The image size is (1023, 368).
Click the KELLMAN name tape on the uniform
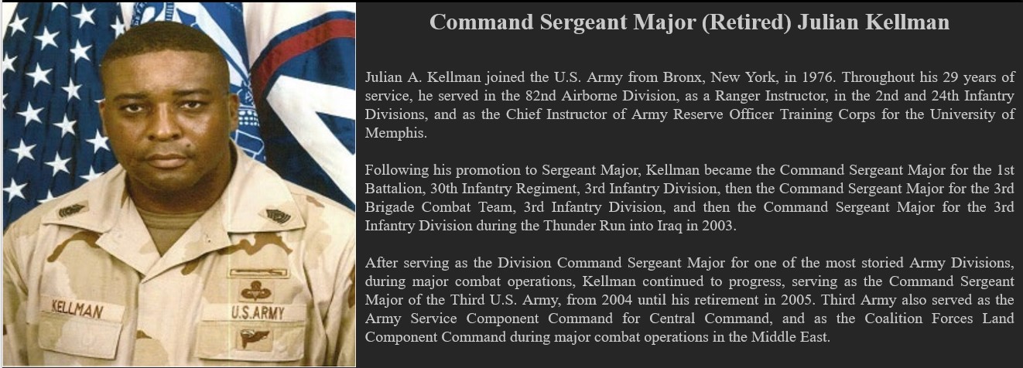pyautogui.click(x=77, y=310)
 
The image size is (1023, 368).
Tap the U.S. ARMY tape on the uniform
pyautogui.click(x=258, y=313)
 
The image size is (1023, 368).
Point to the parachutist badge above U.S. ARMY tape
pyautogui.click(x=255, y=290)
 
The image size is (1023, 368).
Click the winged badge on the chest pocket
pyautogui.click(x=255, y=338)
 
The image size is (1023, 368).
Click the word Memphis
pyautogui.click(x=395, y=133)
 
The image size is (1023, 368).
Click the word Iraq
pyautogui.click(x=669, y=226)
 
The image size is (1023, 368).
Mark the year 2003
pyautogui.click(x=718, y=226)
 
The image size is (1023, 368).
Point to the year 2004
pyautogui.click(x=617, y=300)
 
